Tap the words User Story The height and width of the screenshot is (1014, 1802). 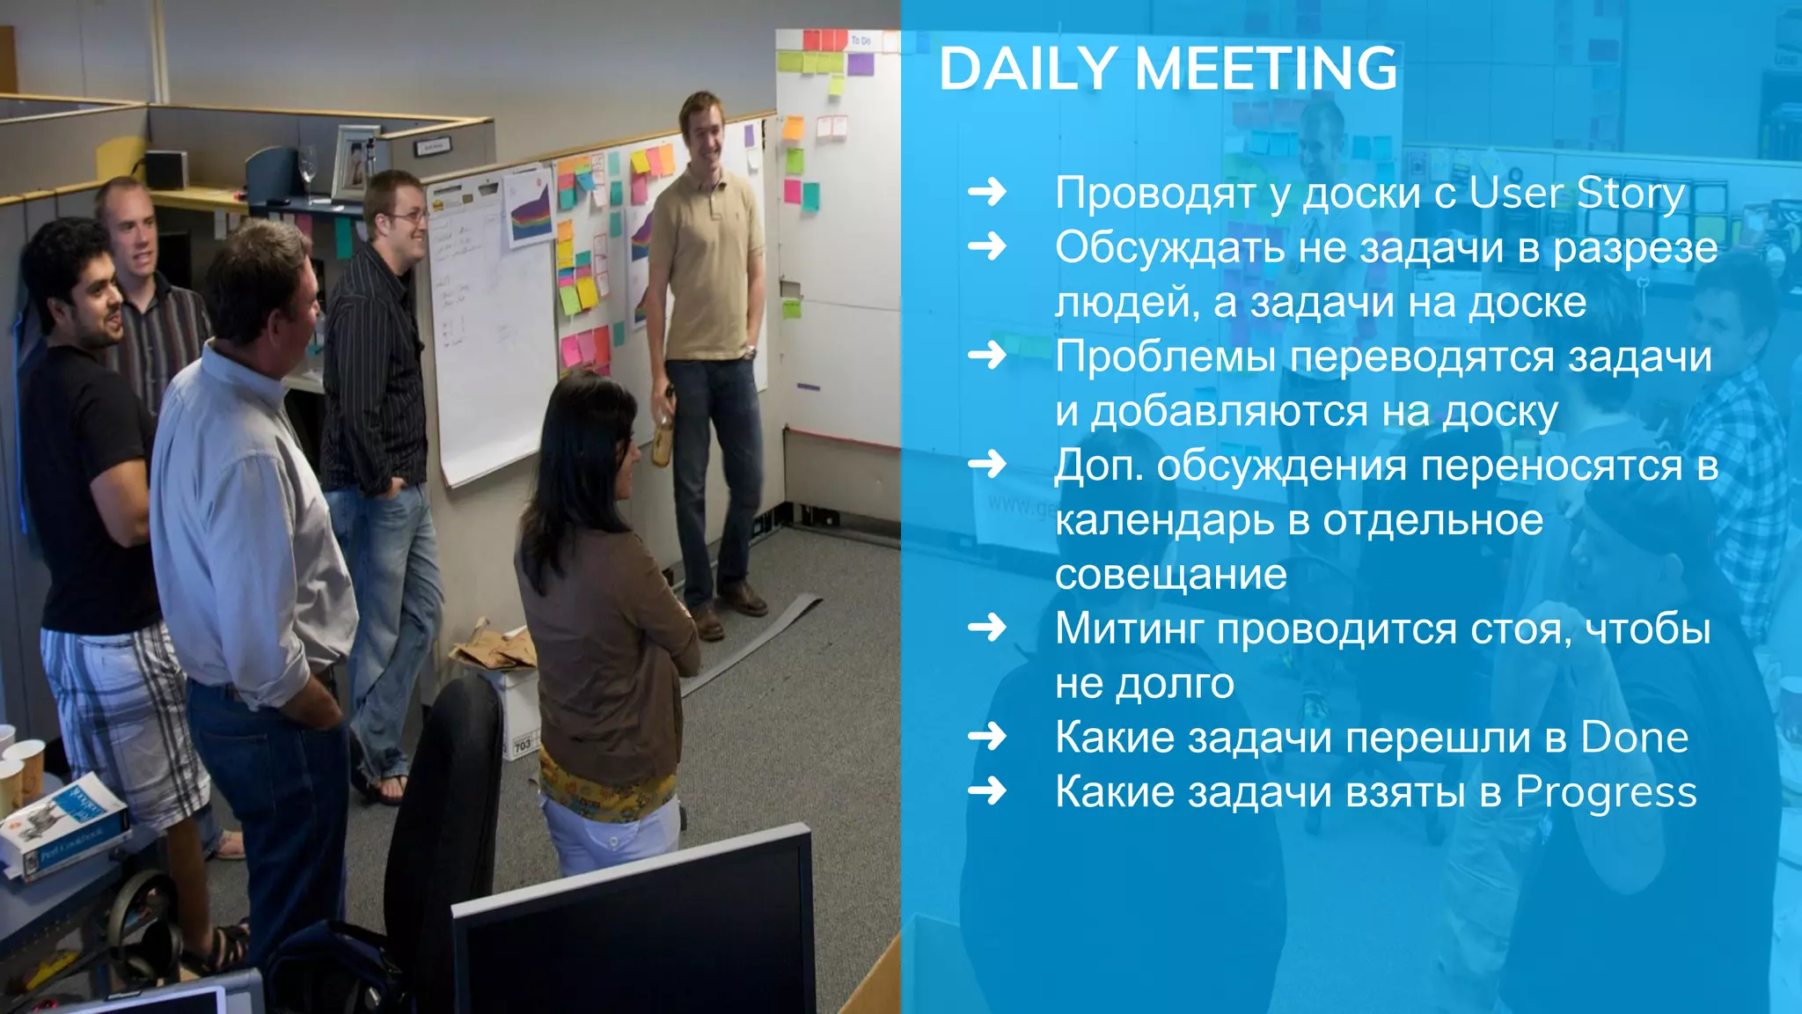click(x=1577, y=194)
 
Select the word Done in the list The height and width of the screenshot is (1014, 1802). click(x=1634, y=738)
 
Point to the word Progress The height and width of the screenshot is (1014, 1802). click(x=1606, y=792)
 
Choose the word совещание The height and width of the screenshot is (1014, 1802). click(x=1170, y=575)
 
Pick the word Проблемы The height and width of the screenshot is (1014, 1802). click(x=1165, y=357)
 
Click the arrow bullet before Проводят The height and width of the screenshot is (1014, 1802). click(x=987, y=192)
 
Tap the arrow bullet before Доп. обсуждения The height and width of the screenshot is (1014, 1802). click(x=987, y=464)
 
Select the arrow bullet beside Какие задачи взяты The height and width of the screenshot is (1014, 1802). click(x=987, y=791)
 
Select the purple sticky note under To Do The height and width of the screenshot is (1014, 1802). click(x=860, y=64)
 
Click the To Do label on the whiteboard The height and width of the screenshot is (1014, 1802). click(x=861, y=40)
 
